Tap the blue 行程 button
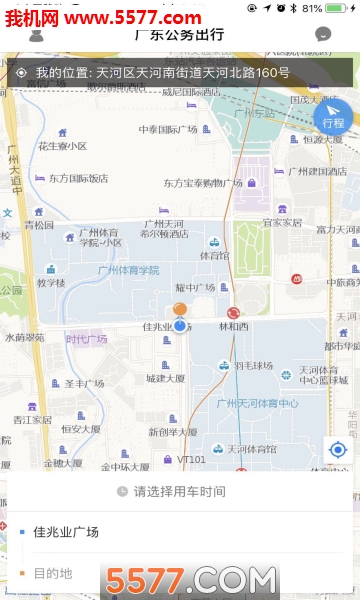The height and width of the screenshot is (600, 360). pyautogui.click(x=333, y=118)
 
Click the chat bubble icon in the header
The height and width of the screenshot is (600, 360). pyautogui.click(x=322, y=34)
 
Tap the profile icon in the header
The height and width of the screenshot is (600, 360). pyautogui.click(x=36, y=35)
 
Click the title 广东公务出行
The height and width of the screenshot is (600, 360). pyautogui.click(x=179, y=35)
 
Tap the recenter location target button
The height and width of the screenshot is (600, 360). pyautogui.click(x=337, y=450)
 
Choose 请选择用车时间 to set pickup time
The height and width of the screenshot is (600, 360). pyautogui.click(x=179, y=491)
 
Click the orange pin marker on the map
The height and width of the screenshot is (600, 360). pyautogui.click(x=180, y=311)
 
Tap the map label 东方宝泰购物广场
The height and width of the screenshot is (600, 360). pyautogui.click(x=203, y=184)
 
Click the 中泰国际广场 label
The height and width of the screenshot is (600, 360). pyautogui.click(x=168, y=129)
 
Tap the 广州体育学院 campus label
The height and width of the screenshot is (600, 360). pyautogui.click(x=128, y=271)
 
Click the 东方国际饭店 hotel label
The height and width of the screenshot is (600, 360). pyautogui.click(x=77, y=178)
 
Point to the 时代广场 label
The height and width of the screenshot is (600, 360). pyautogui.click(x=87, y=339)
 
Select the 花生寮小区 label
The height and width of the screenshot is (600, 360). pyautogui.click(x=62, y=146)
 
